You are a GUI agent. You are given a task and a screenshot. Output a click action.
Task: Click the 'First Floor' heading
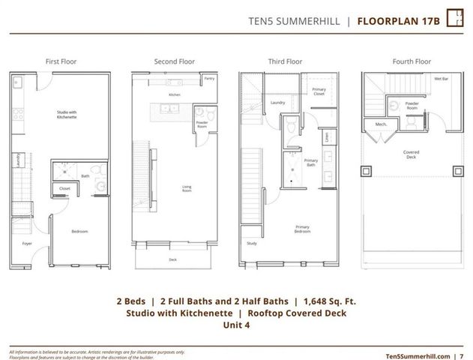tap(61, 61)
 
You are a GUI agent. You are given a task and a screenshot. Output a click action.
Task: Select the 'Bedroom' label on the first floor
tap(79, 231)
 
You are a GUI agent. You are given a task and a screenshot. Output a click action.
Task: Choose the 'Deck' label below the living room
tap(174, 259)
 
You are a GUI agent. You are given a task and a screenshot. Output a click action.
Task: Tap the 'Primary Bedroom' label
tap(302, 229)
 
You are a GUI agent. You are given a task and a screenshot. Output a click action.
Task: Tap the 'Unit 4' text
tap(236, 326)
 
